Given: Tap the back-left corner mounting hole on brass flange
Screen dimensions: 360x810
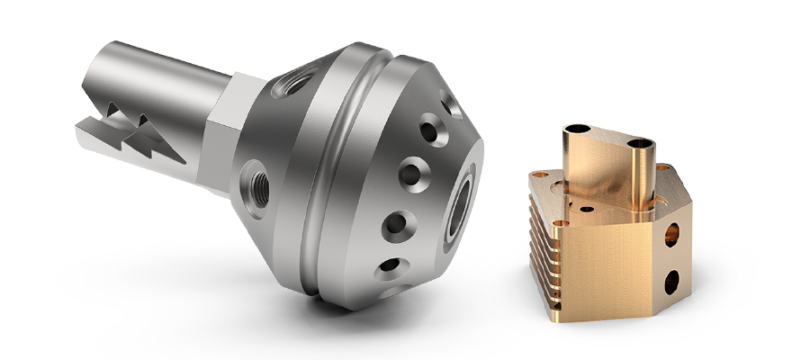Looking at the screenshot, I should click(x=540, y=176).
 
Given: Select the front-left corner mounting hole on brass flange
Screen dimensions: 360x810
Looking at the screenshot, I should click(x=561, y=222).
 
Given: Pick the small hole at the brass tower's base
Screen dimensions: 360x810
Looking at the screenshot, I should click(x=586, y=208).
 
